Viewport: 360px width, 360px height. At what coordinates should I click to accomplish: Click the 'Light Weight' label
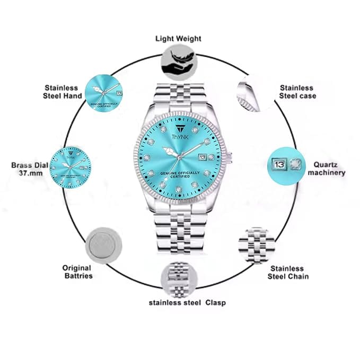[x=178, y=39]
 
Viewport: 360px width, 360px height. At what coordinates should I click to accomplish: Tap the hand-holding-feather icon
[x=179, y=63]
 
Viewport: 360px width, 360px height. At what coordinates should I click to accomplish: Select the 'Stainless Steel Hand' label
[x=63, y=92]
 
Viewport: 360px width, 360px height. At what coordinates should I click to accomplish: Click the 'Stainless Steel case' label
[x=297, y=92]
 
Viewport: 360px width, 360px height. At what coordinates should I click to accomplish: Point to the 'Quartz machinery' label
[x=327, y=169]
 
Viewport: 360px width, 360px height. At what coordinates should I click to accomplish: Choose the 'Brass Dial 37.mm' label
[x=30, y=169]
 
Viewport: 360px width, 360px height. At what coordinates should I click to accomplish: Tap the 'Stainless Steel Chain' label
[x=288, y=273]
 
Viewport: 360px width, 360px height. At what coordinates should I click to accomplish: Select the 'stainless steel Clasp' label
[x=187, y=303]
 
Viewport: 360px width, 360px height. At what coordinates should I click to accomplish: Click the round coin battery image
[x=103, y=245]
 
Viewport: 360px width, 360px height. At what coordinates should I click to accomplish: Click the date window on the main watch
[x=203, y=157]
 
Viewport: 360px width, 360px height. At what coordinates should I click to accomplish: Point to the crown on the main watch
[x=230, y=157]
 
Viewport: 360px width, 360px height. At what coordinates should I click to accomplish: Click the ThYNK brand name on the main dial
[x=180, y=137]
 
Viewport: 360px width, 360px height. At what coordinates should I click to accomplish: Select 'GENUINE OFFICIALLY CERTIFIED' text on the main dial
[x=180, y=174]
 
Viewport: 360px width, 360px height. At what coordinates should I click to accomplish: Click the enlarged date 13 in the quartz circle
[x=279, y=164]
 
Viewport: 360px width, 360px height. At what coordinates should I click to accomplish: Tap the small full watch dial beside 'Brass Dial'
[x=71, y=168]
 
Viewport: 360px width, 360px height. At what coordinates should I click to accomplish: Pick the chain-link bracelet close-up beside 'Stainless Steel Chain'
[x=257, y=245]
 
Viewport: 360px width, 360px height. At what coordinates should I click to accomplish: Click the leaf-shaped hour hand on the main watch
[x=170, y=152]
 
